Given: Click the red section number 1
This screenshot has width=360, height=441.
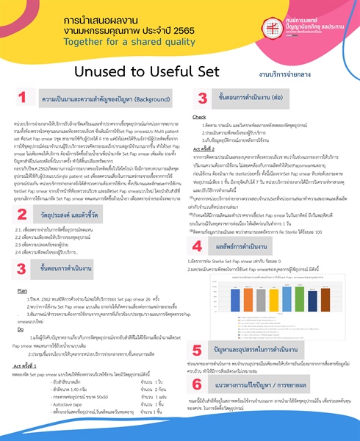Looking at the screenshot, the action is point(23,97).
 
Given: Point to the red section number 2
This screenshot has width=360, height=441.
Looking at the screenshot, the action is point(23,215).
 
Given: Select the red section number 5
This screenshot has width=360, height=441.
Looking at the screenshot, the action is point(201,351).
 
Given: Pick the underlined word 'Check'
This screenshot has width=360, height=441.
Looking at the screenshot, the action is point(199,117).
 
